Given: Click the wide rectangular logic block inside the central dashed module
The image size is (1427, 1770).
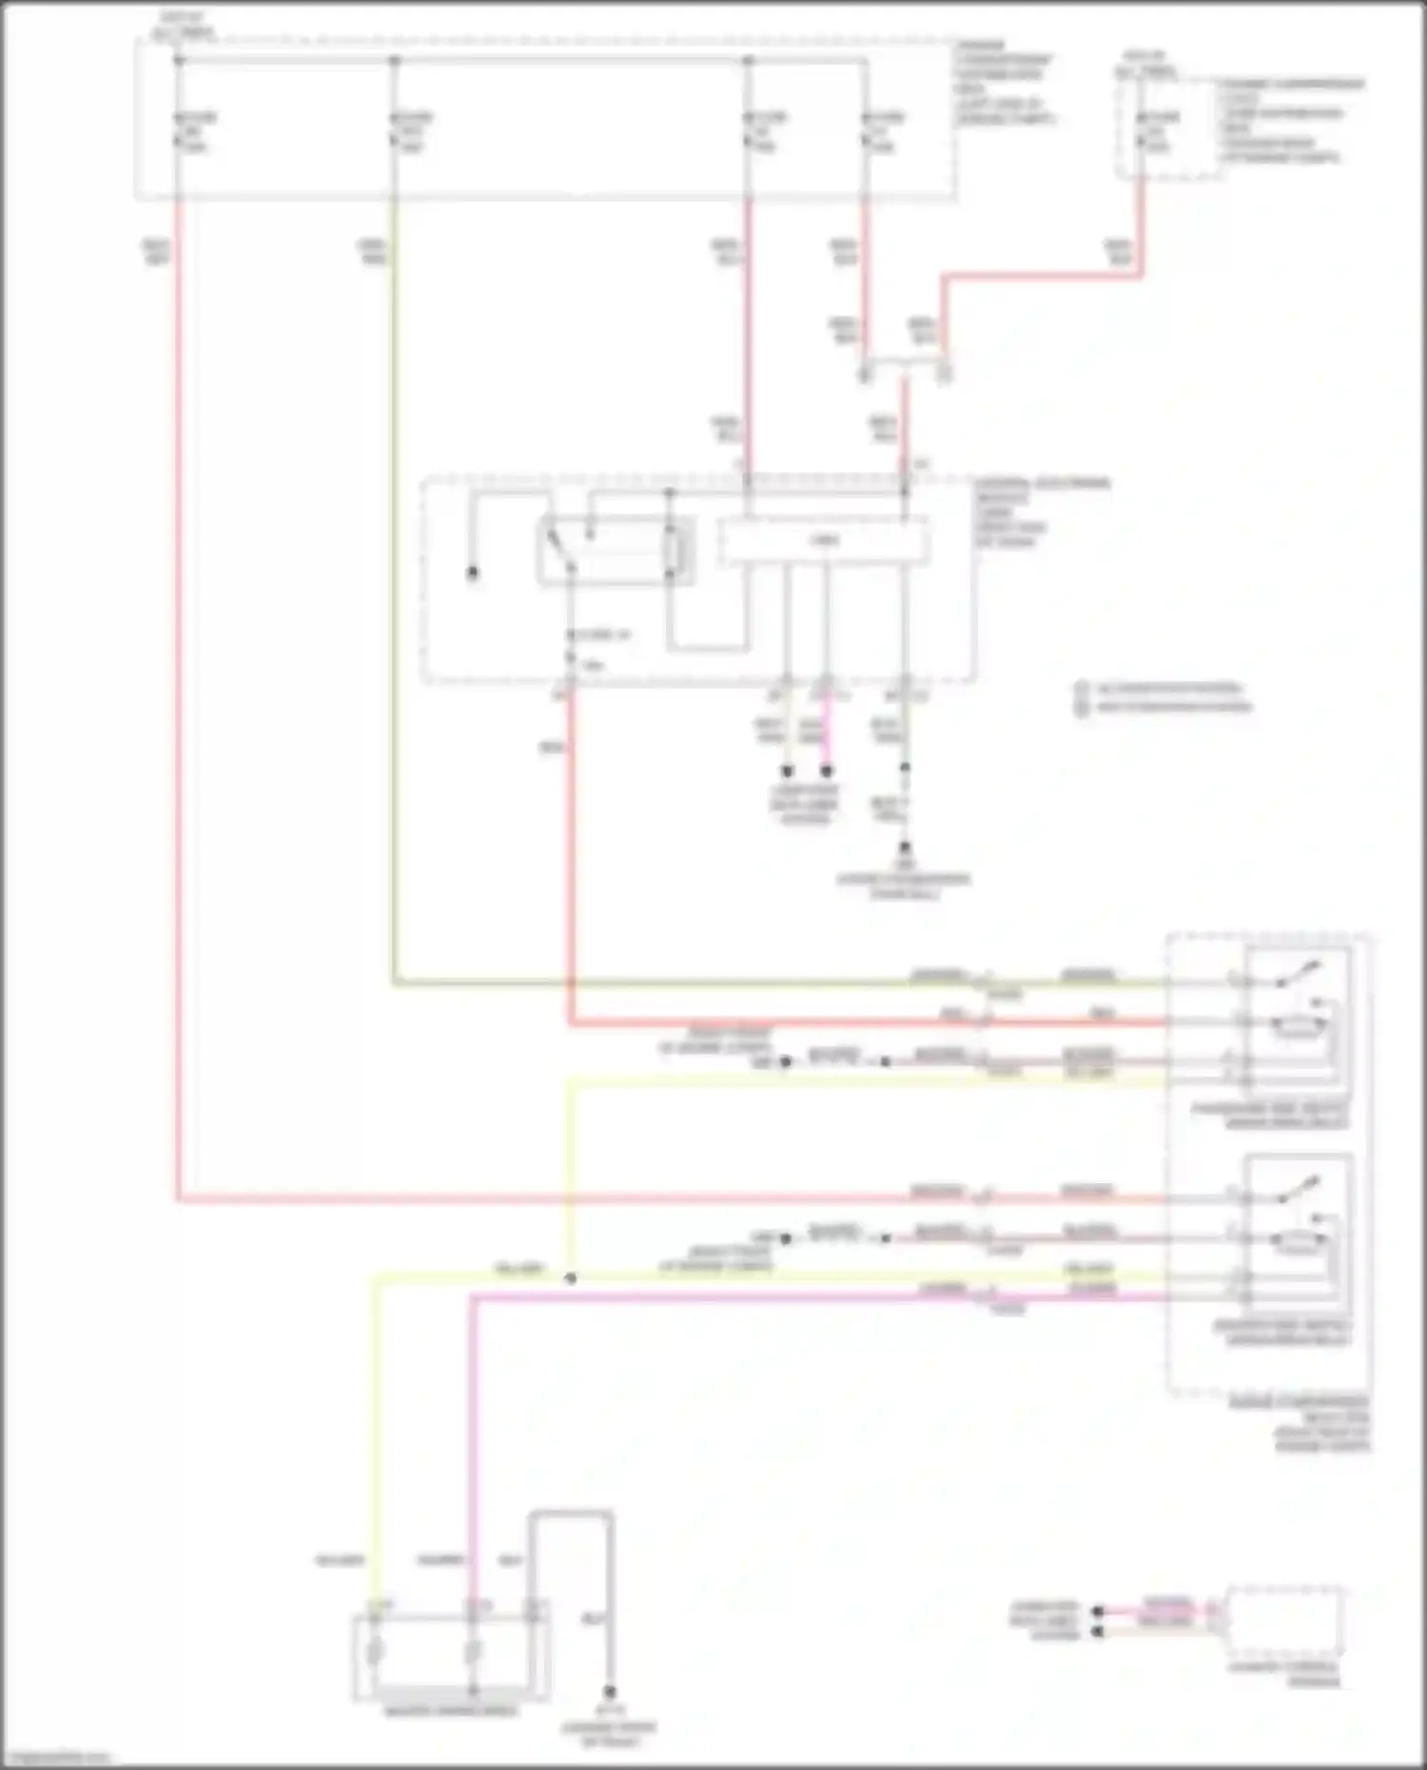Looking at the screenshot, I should click(x=824, y=542).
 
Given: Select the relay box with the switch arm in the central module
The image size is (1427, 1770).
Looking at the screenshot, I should click(x=615, y=550).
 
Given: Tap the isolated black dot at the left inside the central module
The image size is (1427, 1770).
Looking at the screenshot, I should click(x=473, y=574).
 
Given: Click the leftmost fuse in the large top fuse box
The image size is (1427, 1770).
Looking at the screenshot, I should click(x=178, y=133).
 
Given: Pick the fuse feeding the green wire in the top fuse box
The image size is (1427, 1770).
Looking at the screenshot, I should click(x=394, y=133).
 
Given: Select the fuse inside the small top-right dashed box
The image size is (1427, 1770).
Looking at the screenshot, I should click(x=1142, y=133).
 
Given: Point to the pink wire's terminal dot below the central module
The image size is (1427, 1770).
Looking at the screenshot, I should click(x=827, y=770).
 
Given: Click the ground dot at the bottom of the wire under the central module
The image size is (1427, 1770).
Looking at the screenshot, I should click(x=905, y=847).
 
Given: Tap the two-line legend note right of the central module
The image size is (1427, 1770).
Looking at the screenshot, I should click(x=1165, y=698).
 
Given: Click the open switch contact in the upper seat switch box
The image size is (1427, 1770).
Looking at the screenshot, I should click(x=1300, y=976).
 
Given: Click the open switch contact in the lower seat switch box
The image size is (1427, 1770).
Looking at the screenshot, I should click(x=1300, y=1189).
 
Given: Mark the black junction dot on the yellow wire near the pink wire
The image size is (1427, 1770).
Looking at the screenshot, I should click(x=570, y=1279).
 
